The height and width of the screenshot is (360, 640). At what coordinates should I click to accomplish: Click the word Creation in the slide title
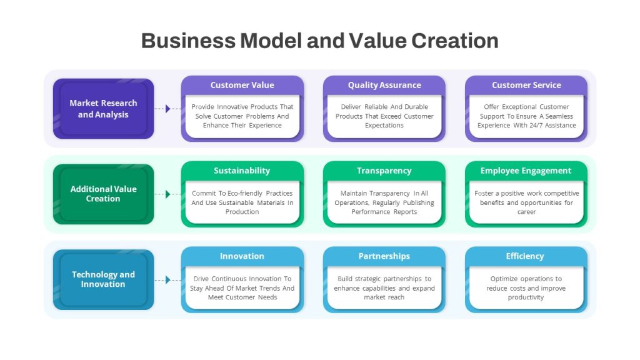[455, 41]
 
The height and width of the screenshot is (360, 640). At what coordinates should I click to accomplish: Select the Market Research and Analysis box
[104, 109]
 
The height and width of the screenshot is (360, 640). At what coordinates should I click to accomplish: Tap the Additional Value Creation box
[104, 194]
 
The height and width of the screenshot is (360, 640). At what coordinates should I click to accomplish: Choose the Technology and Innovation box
[104, 279]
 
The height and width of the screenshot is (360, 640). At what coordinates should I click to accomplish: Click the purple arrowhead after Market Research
[167, 109]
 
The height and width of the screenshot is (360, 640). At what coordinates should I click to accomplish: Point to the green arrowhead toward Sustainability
[167, 194]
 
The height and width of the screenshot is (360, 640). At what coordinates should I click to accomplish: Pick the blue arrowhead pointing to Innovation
[167, 280]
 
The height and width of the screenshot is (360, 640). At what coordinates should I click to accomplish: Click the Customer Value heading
[242, 85]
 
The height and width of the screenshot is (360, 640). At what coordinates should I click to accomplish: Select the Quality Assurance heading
[384, 85]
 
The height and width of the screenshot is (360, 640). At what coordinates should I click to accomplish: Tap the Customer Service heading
[526, 85]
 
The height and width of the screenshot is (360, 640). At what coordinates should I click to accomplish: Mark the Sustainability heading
[242, 171]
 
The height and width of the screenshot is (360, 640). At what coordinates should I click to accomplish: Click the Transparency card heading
[384, 171]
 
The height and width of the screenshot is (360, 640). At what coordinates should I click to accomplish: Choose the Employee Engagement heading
[526, 171]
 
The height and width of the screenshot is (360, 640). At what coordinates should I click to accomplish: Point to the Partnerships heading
[384, 256]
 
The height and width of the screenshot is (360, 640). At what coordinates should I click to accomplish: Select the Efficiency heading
[525, 256]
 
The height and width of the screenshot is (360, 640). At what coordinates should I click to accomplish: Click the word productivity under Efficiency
[526, 297]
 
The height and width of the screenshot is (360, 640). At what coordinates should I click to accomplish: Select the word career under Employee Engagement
[526, 212]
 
